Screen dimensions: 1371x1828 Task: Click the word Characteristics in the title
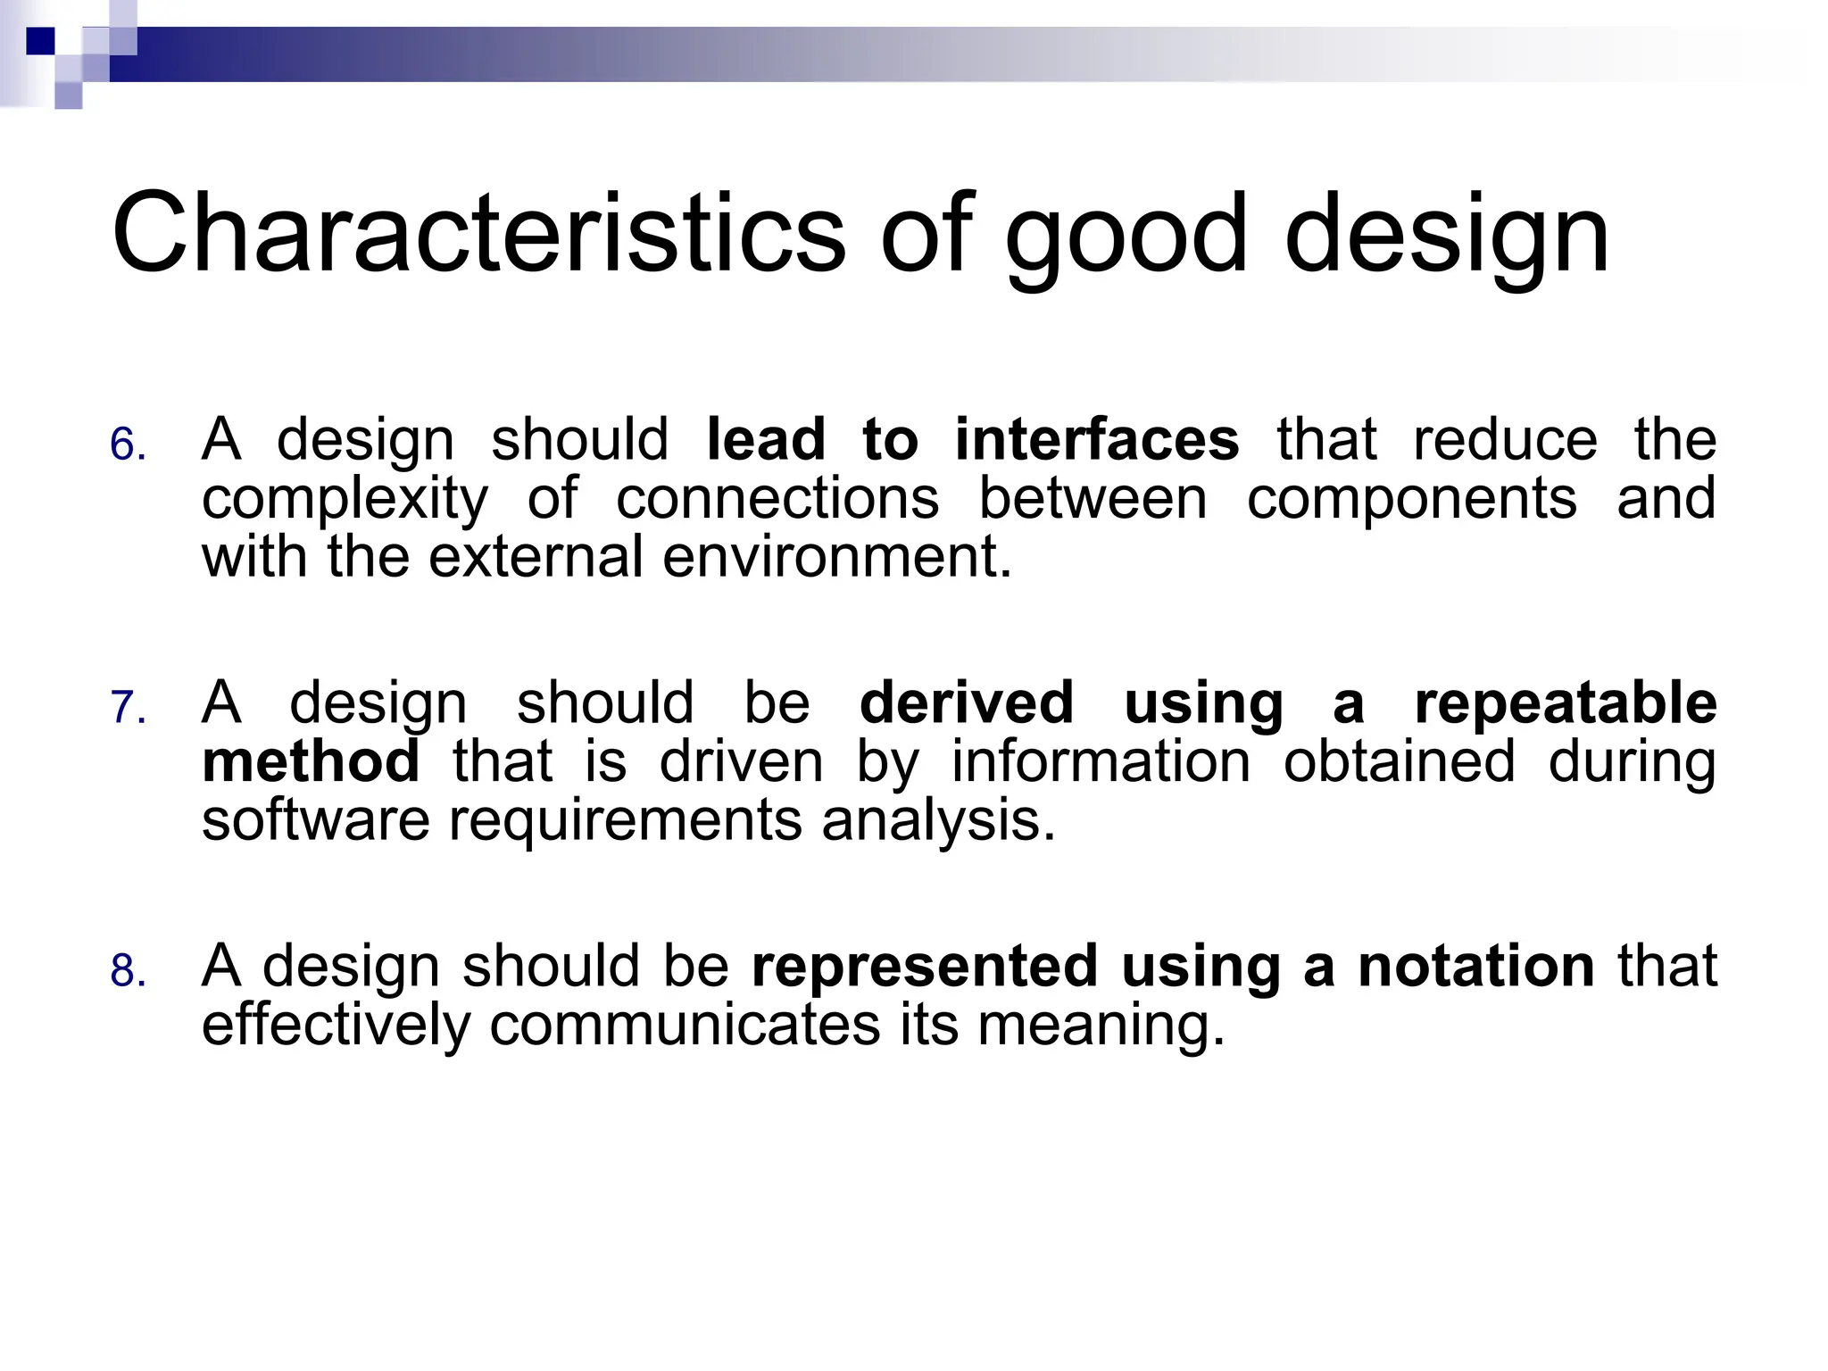click(x=478, y=234)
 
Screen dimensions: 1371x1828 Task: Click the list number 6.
click(x=128, y=445)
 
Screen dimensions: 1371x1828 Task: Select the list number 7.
click(x=128, y=708)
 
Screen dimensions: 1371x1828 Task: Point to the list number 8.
click(x=128, y=971)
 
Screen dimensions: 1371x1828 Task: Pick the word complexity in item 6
click(x=345, y=500)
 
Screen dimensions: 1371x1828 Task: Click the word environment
click(x=836, y=556)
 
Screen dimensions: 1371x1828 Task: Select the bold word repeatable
click(x=1565, y=702)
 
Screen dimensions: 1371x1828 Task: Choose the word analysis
click(x=938, y=821)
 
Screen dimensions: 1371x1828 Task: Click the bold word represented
click(x=924, y=966)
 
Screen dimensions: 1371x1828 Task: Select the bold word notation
click(x=1475, y=966)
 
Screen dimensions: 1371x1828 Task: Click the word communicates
click(x=685, y=1024)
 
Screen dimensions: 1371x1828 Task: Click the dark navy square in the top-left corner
click(x=40, y=41)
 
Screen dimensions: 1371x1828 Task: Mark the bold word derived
click(x=966, y=702)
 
